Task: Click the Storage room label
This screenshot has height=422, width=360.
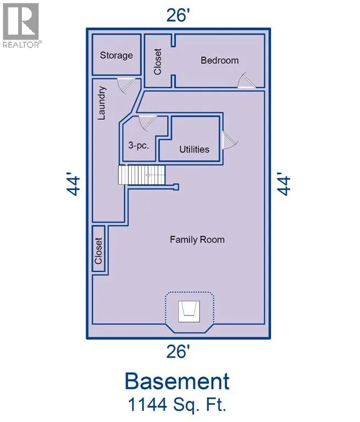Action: (x=117, y=55)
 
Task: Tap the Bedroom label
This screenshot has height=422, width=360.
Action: (x=220, y=60)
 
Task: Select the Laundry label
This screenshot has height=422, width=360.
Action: (x=102, y=103)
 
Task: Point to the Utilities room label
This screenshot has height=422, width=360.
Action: (x=194, y=149)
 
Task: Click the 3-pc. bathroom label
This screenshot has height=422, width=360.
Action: (x=139, y=146)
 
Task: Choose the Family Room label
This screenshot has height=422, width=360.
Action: (x=197, y=240)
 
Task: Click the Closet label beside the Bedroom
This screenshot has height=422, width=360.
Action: (x=157, y=62)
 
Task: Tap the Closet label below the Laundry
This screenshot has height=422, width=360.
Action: (x=98, y=251)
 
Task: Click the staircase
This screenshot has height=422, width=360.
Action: (x=142, y=175)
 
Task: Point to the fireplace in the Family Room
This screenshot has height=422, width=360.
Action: (x=189, y=312)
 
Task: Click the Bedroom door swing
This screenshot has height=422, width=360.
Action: (x=246, y=80)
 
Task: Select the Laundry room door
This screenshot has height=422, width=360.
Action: (x=126, y=85)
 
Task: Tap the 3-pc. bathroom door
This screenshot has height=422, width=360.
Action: (x=147, y=123)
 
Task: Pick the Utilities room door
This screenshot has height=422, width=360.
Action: (x=230, y=140)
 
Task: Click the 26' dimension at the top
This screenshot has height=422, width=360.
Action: (x=176, y=15)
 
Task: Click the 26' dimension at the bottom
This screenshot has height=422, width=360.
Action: (x=176, y=352)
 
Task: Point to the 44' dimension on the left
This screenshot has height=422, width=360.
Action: (x=73, y=185)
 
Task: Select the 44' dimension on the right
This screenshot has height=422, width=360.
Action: (x=284, y=185)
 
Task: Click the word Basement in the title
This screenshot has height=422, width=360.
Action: (x=177, y=381)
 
